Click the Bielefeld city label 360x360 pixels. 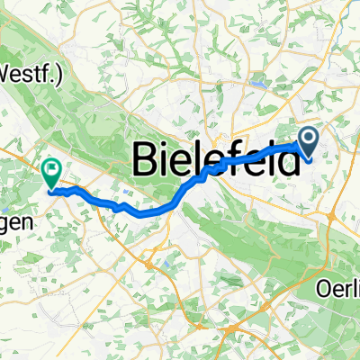pyautogui.click(x=217, y=161)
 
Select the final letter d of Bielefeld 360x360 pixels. pyautogui.click(x=288, y=161)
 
